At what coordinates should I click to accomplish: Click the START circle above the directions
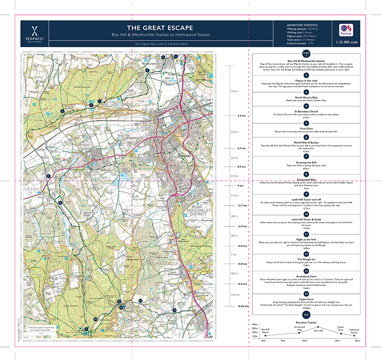pyautogui.click(x=306, y=54)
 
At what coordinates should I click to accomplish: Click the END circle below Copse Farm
pyautogui.click(x=306, y=314)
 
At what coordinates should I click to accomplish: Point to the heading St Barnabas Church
pyautogui.click(x=306, y=111)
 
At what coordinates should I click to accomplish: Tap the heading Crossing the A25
pyautogui.click(x=306, y=162)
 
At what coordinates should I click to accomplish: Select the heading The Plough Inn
pyautogui.click(x=306, y=258)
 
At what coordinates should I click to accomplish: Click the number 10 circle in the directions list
pyautogui.click(x=306, y=215)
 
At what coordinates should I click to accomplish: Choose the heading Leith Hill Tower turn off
pyautogui.click(x=306, y=199)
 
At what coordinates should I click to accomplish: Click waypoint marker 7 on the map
pyautogui.click(x=49, y=175)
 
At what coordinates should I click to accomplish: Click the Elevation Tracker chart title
pyautogui.click(x=306, y=323)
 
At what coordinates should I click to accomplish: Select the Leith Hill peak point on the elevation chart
pyautogui.click(x=318, y=327)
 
